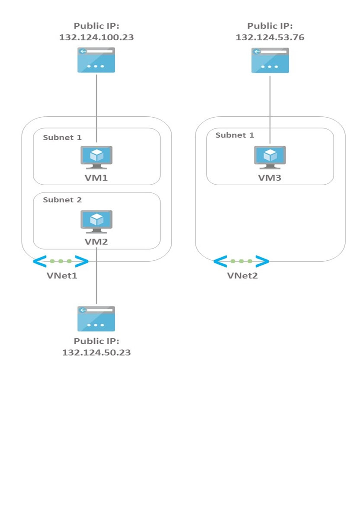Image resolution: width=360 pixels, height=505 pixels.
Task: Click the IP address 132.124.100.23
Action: pyautogui.click(x=96, y=37)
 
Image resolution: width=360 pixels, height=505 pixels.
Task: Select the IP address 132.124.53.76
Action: pyautogui.click(x=270, y=37)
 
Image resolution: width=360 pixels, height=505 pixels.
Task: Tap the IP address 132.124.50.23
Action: pyautogui.click(x=96, y=352)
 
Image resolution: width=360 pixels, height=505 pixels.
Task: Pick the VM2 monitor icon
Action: pyautogui.click(x=96, y=221)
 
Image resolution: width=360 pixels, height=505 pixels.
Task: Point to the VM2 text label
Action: pyautogui.click(x=96, y=242)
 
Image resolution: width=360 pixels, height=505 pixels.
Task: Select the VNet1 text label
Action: pyautogui.click(x=62, y=276)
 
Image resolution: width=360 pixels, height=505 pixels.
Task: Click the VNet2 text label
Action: pyautogui.click(x=242, y=276)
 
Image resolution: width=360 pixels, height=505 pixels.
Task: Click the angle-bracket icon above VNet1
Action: pyautogui.click(x=61, y=261)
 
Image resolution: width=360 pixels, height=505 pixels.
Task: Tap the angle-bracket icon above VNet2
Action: pyautogui.click(x=241, y=261)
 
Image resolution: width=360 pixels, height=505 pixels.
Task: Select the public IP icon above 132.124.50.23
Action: pyautogui.click(x=96, y=319)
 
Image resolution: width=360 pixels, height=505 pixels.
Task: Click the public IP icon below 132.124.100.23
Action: pyautogui.click(x=96, y=60)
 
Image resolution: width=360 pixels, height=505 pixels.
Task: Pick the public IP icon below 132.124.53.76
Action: pyautogui.click(x=270, y=60)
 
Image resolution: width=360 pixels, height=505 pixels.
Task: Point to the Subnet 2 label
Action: pyautogui.click(x=62, y=200)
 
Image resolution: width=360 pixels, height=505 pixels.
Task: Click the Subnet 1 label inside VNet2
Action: pyautogui.click(x=235, y=135)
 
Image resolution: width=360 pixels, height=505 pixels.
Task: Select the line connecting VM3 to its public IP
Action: pyautogui.click(x=270, y=108)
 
